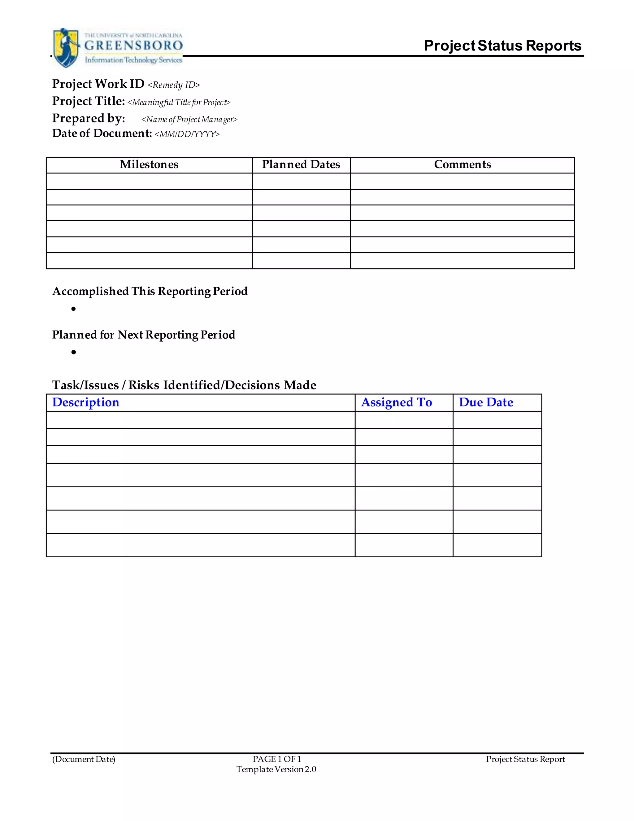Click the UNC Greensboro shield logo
[66, 47]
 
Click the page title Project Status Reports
[502, 46]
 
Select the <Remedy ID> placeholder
[174, 85]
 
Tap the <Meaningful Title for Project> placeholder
[179, 102]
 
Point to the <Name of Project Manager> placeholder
[189, 120]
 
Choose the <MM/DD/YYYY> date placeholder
[187, 134]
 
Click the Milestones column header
[149, 165]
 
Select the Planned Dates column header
[301, 165]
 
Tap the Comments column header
[462, 165]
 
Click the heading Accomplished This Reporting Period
[150, 291]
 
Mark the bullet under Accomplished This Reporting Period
[74, 309]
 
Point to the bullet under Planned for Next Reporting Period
[74, 352]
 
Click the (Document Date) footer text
[84, 759]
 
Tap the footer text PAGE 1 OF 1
[277, 759]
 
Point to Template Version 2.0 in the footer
[276, 769]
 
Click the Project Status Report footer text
[525, 759]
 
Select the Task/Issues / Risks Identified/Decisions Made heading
[184, 385]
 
